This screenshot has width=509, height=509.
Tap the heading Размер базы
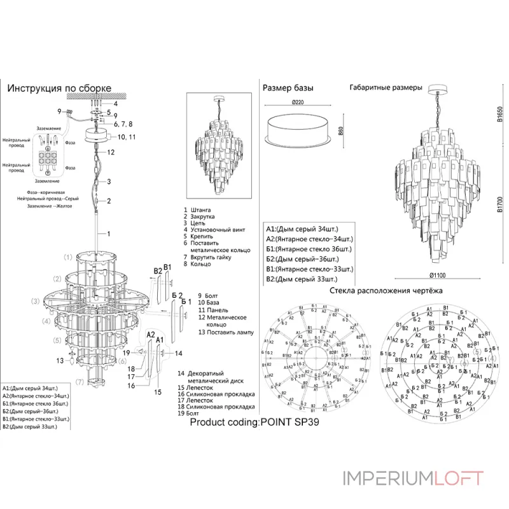pos(288,87)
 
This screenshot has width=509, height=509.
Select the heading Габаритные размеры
pos(386,87)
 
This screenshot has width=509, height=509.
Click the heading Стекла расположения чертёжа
pos(386,291)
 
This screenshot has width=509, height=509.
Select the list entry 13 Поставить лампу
pos(225,332)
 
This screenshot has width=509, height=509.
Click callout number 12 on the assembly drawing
pos(111,153)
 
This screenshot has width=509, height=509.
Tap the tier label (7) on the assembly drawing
pos(80,382)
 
